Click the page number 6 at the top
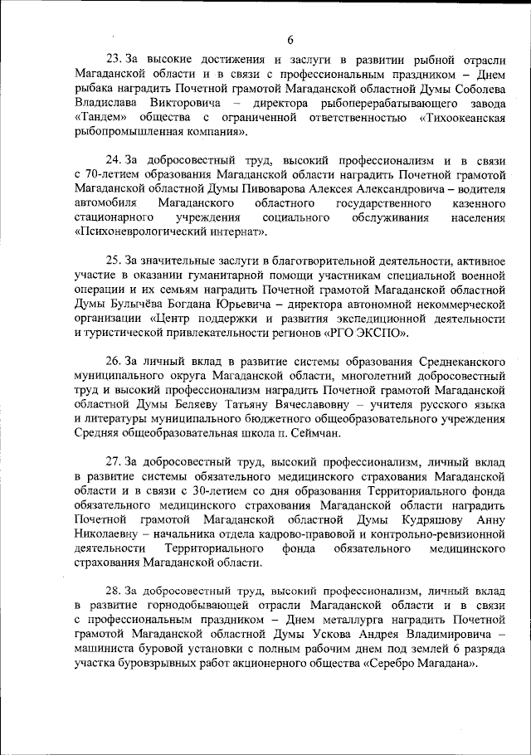(290, 40)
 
